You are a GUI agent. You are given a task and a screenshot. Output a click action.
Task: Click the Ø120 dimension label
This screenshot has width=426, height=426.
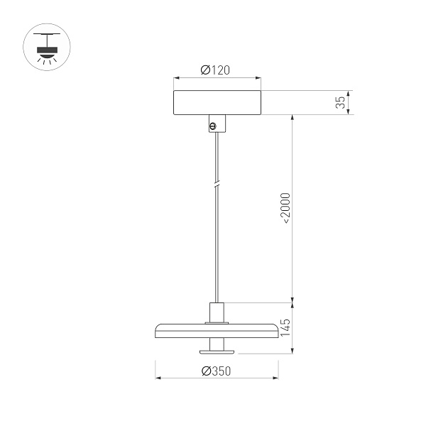217,70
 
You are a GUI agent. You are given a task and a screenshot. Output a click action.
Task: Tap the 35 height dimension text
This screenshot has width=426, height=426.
341,102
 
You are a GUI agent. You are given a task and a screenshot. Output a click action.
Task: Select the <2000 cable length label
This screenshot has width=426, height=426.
285,207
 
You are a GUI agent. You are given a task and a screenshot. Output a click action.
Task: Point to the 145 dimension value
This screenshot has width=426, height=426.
285,327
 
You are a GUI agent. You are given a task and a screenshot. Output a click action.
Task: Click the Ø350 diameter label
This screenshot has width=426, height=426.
217,371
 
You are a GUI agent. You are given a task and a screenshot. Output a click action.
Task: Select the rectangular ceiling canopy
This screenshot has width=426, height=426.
217,102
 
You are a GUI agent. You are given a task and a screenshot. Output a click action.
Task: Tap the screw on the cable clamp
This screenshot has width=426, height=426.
212,126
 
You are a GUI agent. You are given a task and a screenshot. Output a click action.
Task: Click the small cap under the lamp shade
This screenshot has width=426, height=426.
217,349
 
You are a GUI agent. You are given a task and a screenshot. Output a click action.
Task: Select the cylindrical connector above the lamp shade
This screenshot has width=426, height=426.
217,312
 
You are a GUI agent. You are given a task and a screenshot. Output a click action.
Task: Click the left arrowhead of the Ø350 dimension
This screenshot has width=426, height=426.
158,378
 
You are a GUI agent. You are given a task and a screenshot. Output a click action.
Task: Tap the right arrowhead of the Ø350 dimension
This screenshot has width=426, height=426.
277,378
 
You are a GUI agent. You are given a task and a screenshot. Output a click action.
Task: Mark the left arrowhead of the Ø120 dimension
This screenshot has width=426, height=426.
177,78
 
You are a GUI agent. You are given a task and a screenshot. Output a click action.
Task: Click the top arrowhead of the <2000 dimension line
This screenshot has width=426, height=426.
292,117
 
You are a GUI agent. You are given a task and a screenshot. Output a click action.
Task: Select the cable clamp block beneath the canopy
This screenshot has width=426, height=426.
217,123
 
